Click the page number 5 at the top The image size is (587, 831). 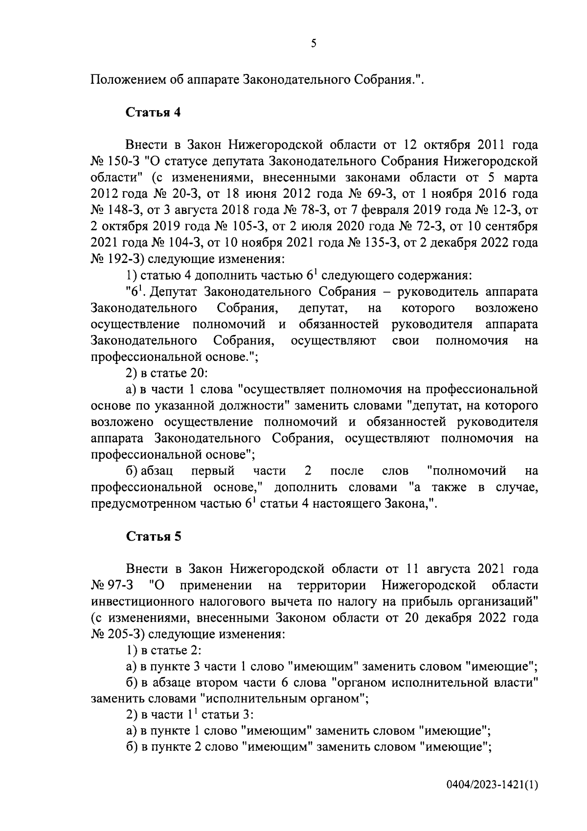point(314,44)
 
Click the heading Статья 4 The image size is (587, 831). point(154,112)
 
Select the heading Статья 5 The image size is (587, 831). point(154,536)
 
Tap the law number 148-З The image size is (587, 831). point(120,210)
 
